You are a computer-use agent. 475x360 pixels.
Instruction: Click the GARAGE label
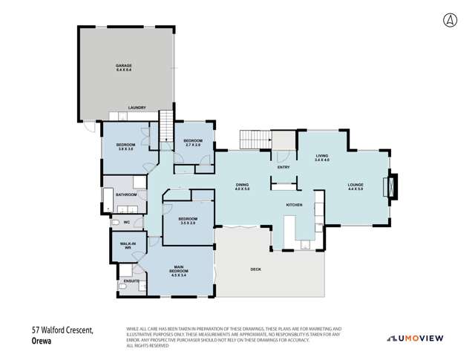click(123, 68)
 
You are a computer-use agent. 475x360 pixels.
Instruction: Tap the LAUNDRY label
click(136, 107)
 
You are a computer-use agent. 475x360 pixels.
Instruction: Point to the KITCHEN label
click(295, 205)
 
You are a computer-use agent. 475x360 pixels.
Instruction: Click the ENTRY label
click(284, 167)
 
